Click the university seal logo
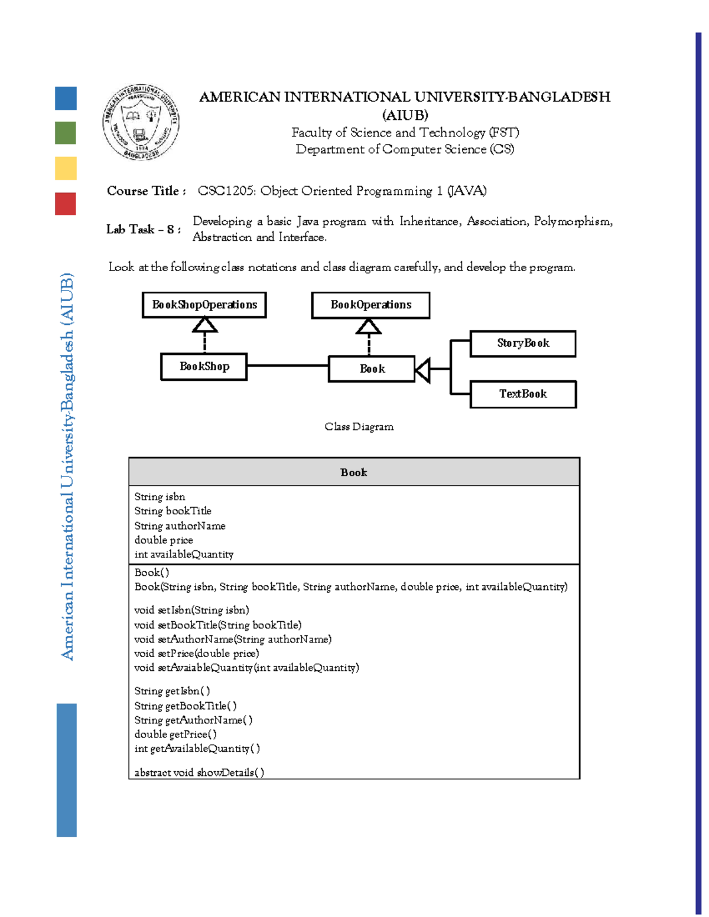141,122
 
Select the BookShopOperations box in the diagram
204,305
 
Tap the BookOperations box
370,305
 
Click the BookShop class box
204,367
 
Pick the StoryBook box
523,344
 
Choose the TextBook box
523,394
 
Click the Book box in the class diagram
372,369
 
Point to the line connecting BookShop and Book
288,366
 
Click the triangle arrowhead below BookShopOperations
204,325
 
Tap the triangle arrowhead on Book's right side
422,370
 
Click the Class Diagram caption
359,426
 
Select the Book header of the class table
354,472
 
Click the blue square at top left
66,98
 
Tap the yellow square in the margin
66,168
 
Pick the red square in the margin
66,204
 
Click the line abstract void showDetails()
199,772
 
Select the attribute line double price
164,540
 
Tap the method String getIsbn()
172,691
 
